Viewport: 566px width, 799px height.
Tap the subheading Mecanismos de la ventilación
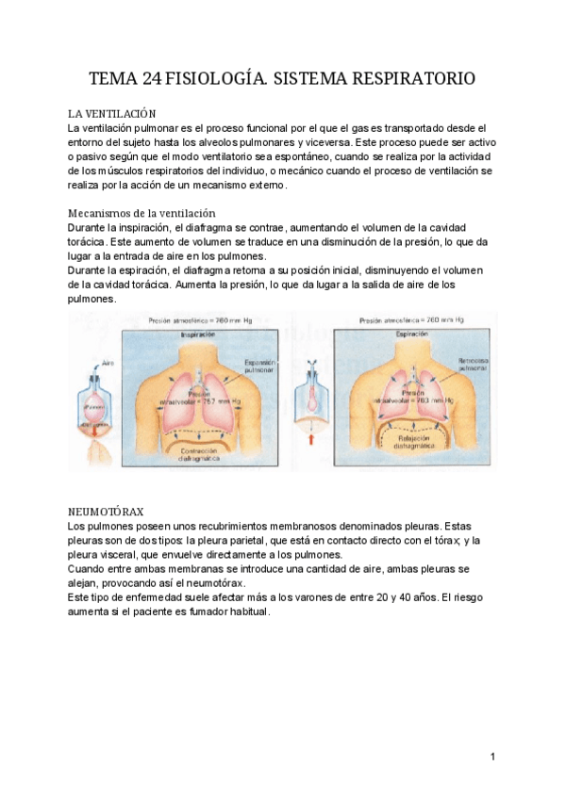142,213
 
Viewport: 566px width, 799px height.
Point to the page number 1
492,757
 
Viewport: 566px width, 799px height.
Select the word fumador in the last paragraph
202,611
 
